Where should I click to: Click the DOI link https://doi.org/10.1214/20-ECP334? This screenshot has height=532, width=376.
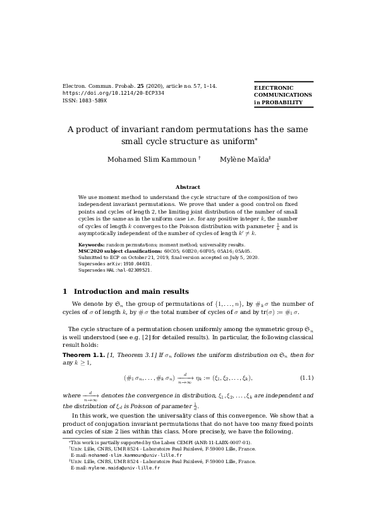(x=114, y=93)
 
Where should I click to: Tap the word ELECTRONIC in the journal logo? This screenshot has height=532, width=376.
(x=274, y=88)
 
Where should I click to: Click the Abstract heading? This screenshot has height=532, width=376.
(x=188, y=187)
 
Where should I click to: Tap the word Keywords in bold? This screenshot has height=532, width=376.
(x=91, y=245)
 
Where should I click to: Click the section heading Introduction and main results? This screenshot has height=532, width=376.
(x=131, y=291)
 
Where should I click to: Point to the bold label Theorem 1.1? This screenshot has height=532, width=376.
(x=83, y=356)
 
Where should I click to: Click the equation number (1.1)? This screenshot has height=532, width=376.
(x=306, y=378)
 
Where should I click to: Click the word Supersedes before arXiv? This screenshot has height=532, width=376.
(x=91, y=263)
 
